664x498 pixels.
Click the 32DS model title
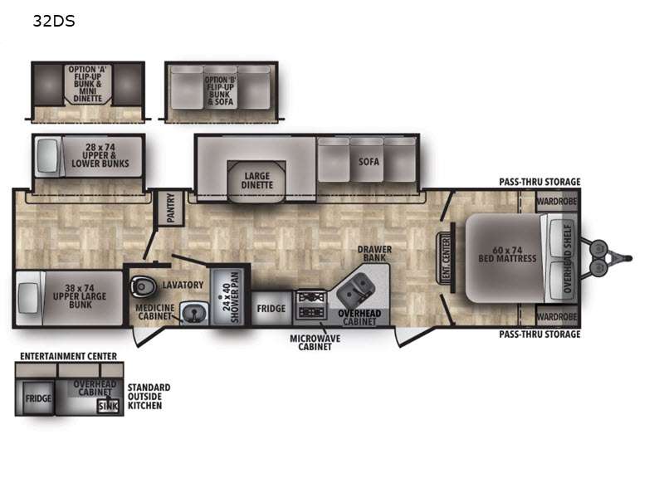tap(54, 21)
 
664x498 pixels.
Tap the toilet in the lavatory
tap(141, 286)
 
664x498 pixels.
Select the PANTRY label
tap(170, 208)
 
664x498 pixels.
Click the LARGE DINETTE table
tap(256, 181)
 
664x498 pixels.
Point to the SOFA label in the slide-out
tap(369, 161)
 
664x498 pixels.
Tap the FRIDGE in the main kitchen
tap(271, 308)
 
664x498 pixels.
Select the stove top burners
tap(310, 305)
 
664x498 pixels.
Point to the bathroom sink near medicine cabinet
tap(194, 314)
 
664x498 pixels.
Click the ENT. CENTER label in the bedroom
tap(446, 258)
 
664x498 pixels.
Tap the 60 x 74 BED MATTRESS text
tap(507, 254)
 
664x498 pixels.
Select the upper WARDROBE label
tap(556, 201)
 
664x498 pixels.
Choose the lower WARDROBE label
tap(556, 316)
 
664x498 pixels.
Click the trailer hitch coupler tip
tap(630, 258)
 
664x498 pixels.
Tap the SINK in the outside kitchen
tap(108, 406)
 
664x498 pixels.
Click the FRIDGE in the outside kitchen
tap(38, 398)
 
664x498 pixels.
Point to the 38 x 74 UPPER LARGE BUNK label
tap(80, 296)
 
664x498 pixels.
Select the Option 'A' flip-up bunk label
tap(88, 84)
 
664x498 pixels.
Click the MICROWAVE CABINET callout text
tap(315, 342)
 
